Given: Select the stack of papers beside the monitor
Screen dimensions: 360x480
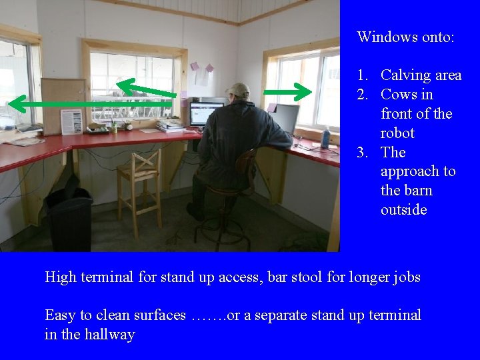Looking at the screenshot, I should click(x=170, y=125).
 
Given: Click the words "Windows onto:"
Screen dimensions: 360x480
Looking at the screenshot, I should click(x=405, y=37).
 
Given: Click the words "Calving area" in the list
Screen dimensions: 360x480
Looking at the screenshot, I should click(x=421, y=75).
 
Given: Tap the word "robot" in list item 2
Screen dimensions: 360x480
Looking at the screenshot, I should click(x=397, y=133).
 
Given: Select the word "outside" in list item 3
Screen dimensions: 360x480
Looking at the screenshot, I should click(x=403, y=209).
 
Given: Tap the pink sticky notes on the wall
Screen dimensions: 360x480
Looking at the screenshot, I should click(x=201, y=67).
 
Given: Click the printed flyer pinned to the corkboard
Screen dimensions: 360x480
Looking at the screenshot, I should click(x=71, y=121).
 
